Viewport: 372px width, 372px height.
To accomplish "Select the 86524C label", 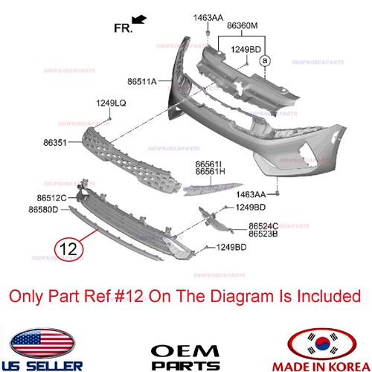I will click(x=263, y=225).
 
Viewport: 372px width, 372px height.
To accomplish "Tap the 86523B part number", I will click(x=263, y=234).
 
